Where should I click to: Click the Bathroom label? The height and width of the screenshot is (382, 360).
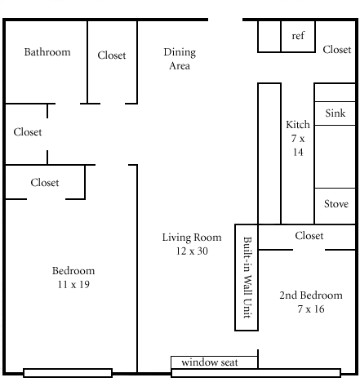click(47, 52)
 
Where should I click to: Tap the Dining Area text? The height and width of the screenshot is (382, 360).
click(180, 59)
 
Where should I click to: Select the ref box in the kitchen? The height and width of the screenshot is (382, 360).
click(298, 36)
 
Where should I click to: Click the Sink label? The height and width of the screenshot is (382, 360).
click(336, 113)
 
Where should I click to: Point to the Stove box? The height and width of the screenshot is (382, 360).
click(335, 206)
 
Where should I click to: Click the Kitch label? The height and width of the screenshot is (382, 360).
click(298, 125)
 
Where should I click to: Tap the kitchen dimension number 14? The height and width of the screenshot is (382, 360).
click(298, 152)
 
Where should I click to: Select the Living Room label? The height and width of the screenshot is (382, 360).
click(192, 238)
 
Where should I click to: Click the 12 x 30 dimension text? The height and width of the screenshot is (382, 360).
click(192, 251)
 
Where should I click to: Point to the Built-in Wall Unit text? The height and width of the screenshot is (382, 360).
click(247, 278)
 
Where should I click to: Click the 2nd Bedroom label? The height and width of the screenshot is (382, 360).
click(311, 295)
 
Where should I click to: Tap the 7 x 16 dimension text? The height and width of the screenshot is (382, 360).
click(311, 309)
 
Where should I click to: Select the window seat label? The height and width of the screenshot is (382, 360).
click(210, 362)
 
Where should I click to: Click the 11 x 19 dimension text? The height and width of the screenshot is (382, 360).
click(73, 285)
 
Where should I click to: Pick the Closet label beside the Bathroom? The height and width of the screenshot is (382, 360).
click(112, 56)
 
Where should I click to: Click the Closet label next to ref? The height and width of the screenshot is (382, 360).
click(337, 50)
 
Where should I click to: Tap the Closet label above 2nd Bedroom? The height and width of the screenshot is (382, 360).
click(309, 236)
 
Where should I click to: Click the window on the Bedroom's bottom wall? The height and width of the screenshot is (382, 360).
click(68, 373)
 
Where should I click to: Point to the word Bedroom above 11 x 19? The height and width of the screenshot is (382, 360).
click(73, 271)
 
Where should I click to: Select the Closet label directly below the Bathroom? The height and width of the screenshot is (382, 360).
click(28, 132)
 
